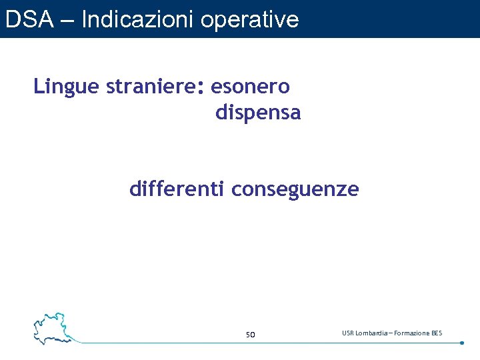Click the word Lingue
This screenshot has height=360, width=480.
(67, 87)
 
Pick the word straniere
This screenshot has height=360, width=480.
(151, 87)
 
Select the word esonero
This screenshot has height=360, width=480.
(250, 87)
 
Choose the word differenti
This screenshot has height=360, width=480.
(177, 190)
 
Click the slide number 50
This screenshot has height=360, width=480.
(250, 334)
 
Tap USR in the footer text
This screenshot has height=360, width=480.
(349, 333)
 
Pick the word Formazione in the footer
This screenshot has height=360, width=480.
(415, 333)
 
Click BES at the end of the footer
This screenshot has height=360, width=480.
(437, 333)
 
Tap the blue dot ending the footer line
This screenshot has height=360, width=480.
(462, 343)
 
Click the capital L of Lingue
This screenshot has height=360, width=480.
(38, 87)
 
